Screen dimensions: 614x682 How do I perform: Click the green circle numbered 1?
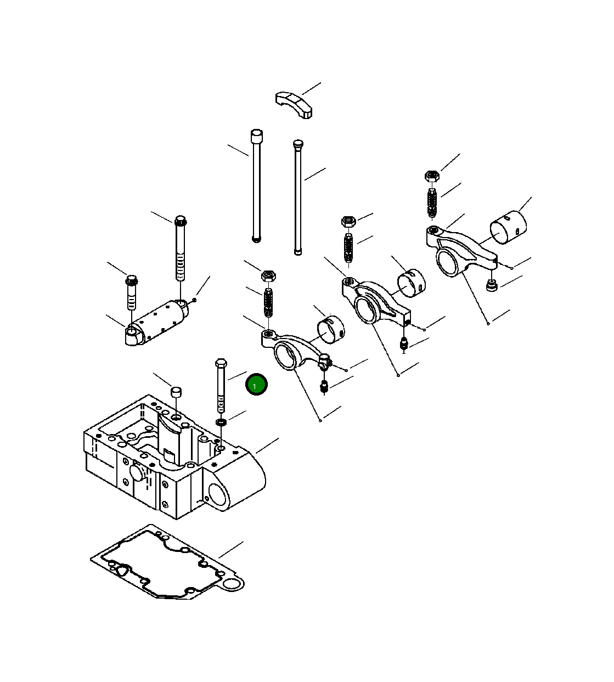(256, 384)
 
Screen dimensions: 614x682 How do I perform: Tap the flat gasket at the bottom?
(167, 566)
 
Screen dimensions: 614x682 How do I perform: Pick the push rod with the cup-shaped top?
(256, 185)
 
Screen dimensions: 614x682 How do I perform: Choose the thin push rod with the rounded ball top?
(298, 197)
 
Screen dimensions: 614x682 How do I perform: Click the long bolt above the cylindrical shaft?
(181, 248)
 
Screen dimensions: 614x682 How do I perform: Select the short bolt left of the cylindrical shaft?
(132, 292)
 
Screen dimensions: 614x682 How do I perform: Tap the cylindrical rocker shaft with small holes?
(157, 322)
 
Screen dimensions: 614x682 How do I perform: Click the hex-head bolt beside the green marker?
(221, 385)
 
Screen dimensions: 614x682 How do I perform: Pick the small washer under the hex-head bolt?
(222, 422)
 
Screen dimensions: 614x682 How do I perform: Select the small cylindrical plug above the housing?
(176, 392)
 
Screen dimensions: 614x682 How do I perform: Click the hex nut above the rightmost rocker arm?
(432, 176)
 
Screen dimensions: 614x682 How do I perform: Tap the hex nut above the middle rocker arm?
(348, 222)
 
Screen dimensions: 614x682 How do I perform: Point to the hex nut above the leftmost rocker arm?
(268, 275)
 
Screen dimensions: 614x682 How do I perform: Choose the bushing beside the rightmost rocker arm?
(508, 227)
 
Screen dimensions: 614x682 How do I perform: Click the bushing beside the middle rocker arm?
(412, 283)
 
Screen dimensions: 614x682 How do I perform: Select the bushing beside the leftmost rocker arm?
(331, 330)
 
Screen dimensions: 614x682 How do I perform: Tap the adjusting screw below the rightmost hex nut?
(432, 203)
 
